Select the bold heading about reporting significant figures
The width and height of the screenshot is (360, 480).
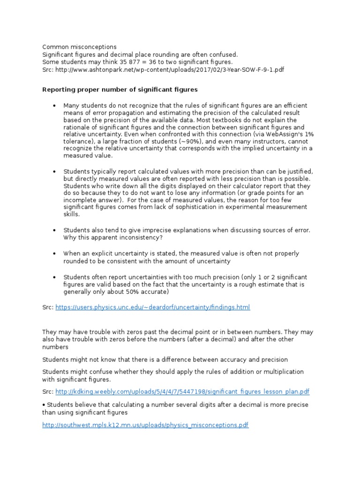(x=120, y=89)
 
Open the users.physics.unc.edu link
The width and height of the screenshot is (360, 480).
(x=153, y=307)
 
